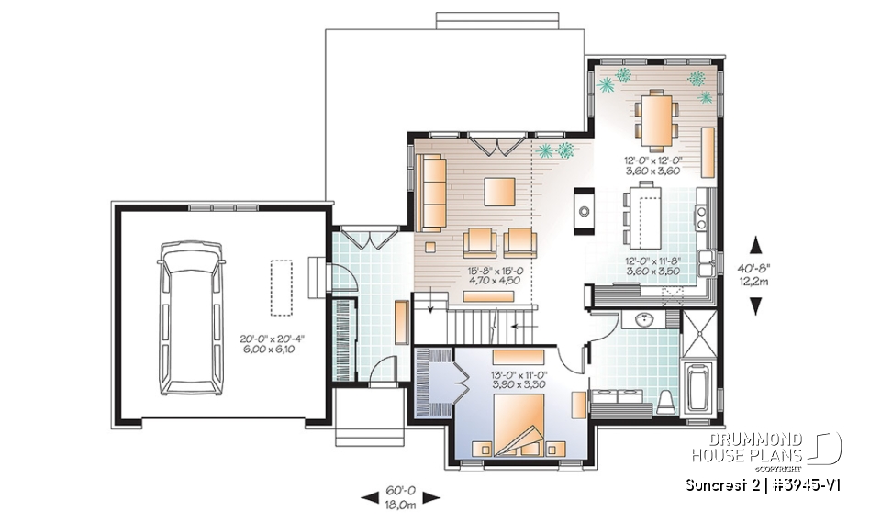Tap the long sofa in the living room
430,193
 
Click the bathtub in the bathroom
697,389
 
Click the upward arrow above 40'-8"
757,244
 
